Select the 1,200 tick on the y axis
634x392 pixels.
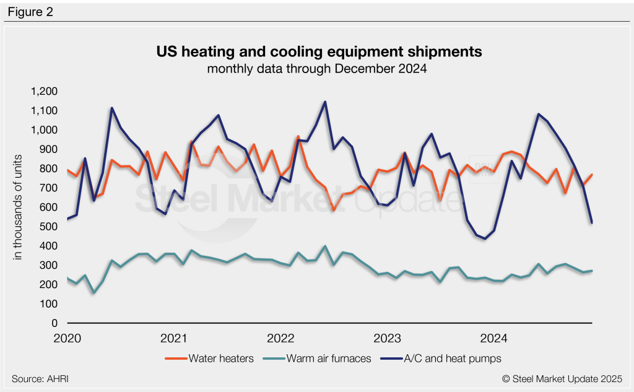click(45, 92)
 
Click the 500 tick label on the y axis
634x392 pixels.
click(50, 227)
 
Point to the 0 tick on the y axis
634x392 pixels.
click(54, 323)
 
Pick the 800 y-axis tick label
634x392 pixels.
click(50, 169)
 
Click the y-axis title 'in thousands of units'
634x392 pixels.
click(19, 207)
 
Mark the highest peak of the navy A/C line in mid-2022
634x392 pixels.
click(325, 102)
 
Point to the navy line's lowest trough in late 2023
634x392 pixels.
click(485, 238)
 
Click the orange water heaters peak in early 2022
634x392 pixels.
click(298, 136)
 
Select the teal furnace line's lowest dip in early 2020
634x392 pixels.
click(93, 293)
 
